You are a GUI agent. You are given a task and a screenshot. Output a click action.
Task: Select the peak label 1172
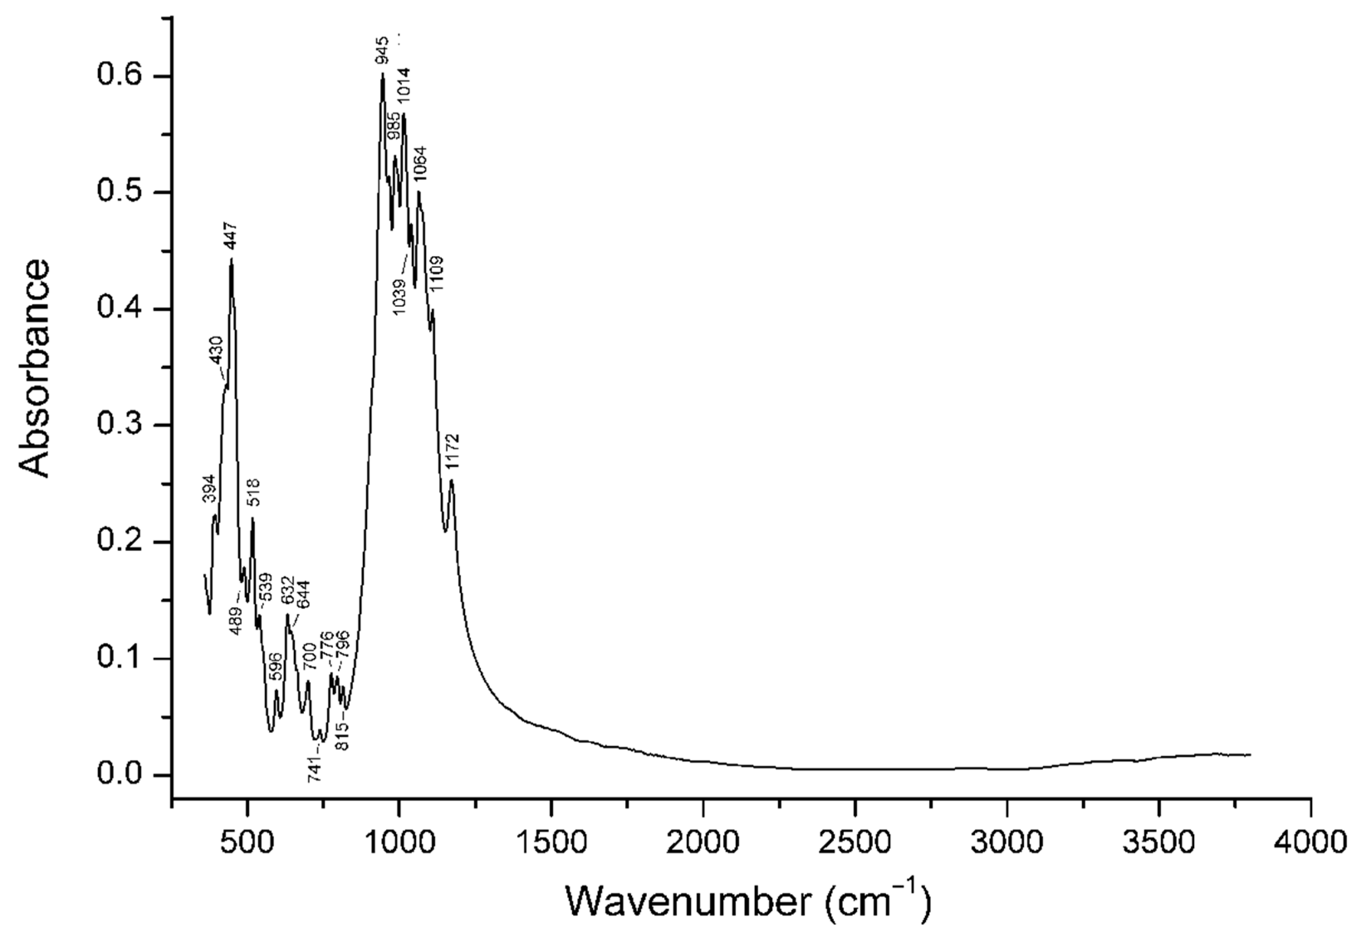[452, 452]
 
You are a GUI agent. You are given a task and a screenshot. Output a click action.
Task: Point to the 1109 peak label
[437, 274]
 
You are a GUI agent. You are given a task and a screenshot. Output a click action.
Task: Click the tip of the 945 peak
[382, 73]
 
